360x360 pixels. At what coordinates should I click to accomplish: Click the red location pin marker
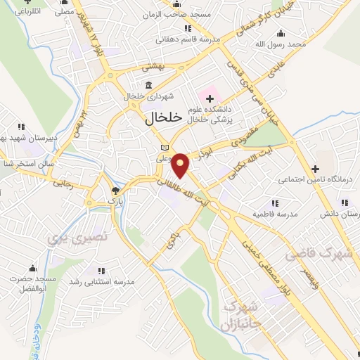[181, 165]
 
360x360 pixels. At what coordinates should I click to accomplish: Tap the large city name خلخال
[163, 117]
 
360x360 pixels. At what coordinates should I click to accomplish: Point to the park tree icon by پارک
[116, 190]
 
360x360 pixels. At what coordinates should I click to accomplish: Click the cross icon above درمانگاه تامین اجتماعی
[316, 169]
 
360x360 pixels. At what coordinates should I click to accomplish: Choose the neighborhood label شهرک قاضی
[324, 254]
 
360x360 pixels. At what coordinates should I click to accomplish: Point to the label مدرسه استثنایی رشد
[106, 281]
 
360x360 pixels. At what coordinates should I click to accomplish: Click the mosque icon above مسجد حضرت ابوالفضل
[32, 268]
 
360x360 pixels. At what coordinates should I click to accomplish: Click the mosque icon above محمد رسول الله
[281, 33]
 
